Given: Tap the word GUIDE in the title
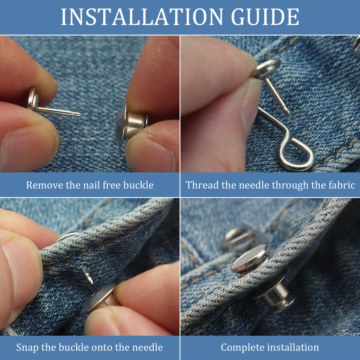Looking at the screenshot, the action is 265,17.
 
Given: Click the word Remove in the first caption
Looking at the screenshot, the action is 45,185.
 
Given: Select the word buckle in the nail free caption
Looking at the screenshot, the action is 139,185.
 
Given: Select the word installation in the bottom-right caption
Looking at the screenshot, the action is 292,347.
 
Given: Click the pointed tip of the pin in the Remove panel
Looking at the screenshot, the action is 82,115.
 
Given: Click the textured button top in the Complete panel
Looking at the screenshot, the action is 250,258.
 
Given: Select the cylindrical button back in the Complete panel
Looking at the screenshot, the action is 276,296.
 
